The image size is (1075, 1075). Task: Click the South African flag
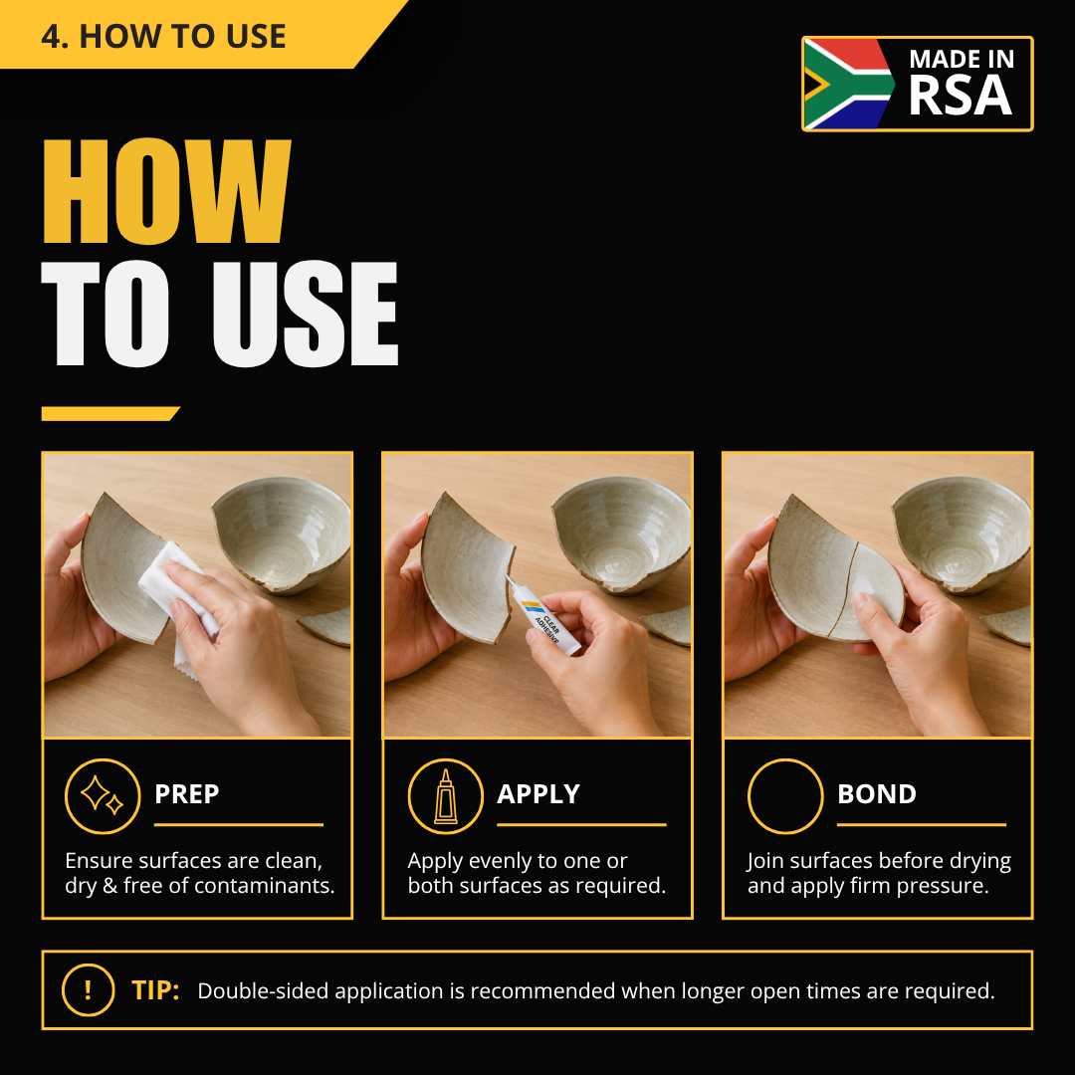849,84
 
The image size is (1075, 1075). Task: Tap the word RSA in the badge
960,96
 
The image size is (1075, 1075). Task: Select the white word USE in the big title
306,314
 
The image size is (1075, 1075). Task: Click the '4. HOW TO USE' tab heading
163,37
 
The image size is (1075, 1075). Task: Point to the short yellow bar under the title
109,413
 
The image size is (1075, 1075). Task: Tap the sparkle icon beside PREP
103,796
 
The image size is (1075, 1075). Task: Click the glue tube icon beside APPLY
445,796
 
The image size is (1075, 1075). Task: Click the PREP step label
186,794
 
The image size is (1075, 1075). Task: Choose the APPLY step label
538,794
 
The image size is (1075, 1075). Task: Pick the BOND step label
877,794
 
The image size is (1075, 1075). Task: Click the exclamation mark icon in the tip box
88,990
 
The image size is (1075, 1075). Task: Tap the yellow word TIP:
155,990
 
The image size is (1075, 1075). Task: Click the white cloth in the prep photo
178,603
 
